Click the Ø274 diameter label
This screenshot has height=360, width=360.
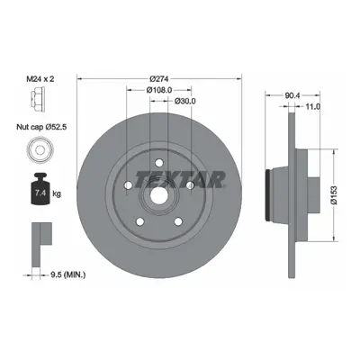tap(159, 79)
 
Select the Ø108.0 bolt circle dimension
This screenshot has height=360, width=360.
tap(159, 90)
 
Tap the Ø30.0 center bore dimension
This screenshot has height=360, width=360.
tap(184, 102)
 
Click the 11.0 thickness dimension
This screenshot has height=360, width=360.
tap(312, 106)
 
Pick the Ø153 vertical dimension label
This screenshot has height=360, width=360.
tap(334, 195)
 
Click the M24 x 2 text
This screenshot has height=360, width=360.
tap(41, 79)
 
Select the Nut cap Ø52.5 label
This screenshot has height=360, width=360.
tap(41, 127)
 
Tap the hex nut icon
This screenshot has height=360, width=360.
tap(38, 99)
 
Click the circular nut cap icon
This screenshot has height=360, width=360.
tap(40, 149)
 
